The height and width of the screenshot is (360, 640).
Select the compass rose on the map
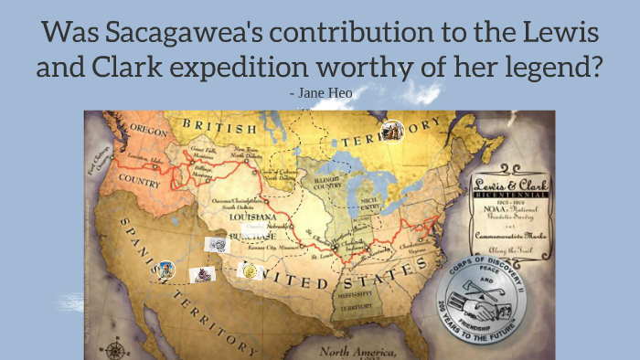(x=115, y=348)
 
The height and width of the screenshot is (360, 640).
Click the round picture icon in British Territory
(x=393, y=131)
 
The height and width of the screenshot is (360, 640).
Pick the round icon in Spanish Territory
(x=165, y=269)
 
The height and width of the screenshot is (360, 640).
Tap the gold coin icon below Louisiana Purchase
(x=247, y=269)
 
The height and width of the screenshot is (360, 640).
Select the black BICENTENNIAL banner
(x=509, y=196)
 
